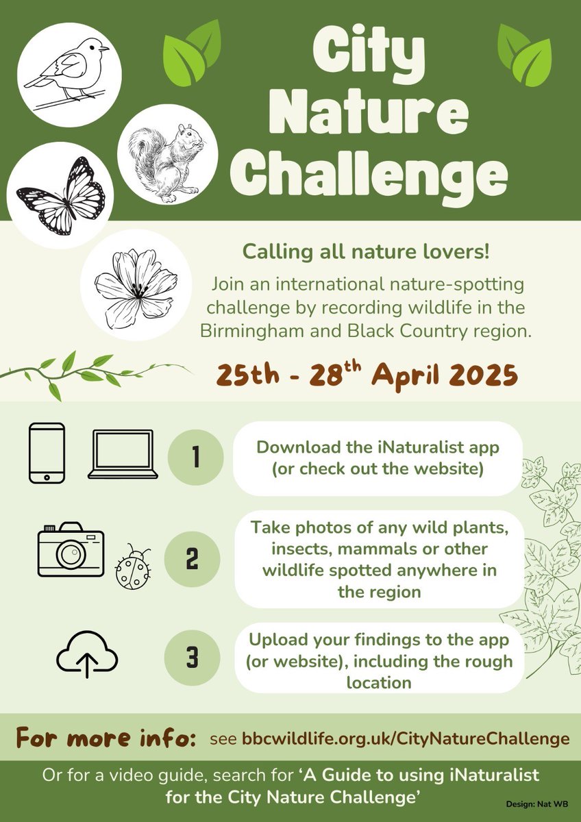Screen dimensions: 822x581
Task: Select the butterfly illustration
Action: tap(60, 195)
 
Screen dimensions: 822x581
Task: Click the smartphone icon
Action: tap(47, 453)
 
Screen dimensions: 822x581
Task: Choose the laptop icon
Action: tap(123, 454)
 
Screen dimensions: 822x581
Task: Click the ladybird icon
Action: tap(132, 568)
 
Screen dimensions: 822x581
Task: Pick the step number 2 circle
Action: tap(193, 559)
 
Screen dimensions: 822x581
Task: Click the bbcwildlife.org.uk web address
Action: tap(406, 739)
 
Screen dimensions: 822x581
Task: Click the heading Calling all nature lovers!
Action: tap(366, 251)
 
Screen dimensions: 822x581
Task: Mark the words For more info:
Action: tap(106, 738)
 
